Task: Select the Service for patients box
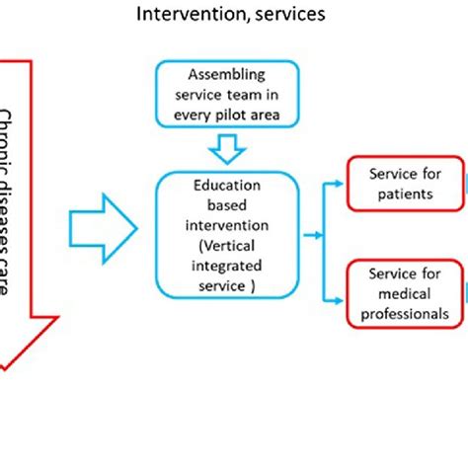point(405,183)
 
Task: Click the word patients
point(406,194)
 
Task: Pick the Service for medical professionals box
point(405,293)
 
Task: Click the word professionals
point(406,313)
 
